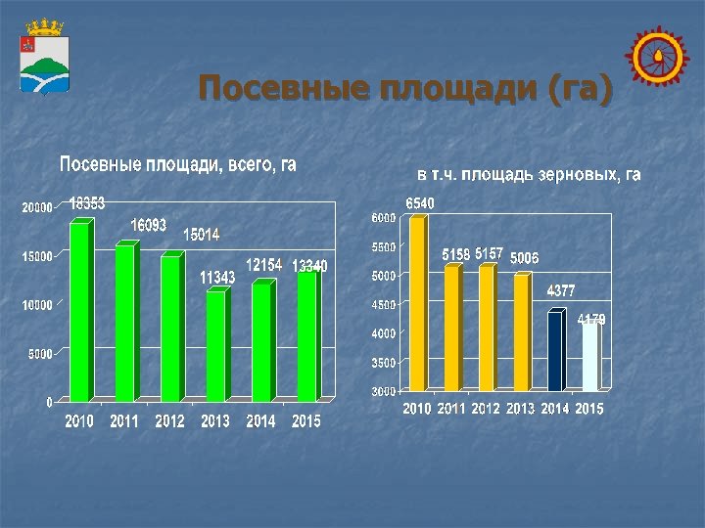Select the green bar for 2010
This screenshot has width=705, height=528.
[x=80, y=311]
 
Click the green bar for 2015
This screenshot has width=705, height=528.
[x=306, y=335]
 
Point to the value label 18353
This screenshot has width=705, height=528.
[x=87, y=203]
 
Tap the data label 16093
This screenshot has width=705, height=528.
[x=149, y=225]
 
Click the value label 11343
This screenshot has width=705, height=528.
[x=217, y=278]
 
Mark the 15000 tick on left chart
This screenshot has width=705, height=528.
[x=37, y=256]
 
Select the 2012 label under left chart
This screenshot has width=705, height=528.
[x=169, y=421]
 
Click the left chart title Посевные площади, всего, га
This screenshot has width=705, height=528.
[x=177, y=165]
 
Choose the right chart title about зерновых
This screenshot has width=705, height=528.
[x=529, y=175]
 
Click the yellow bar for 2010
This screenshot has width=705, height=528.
[x=418, y=303]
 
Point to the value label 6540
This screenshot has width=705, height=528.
[x=420, y=202]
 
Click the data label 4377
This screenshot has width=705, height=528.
[x=561, y=290]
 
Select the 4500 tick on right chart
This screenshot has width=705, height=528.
[x=383, y=305]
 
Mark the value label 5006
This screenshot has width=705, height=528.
[x=524, y=257]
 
